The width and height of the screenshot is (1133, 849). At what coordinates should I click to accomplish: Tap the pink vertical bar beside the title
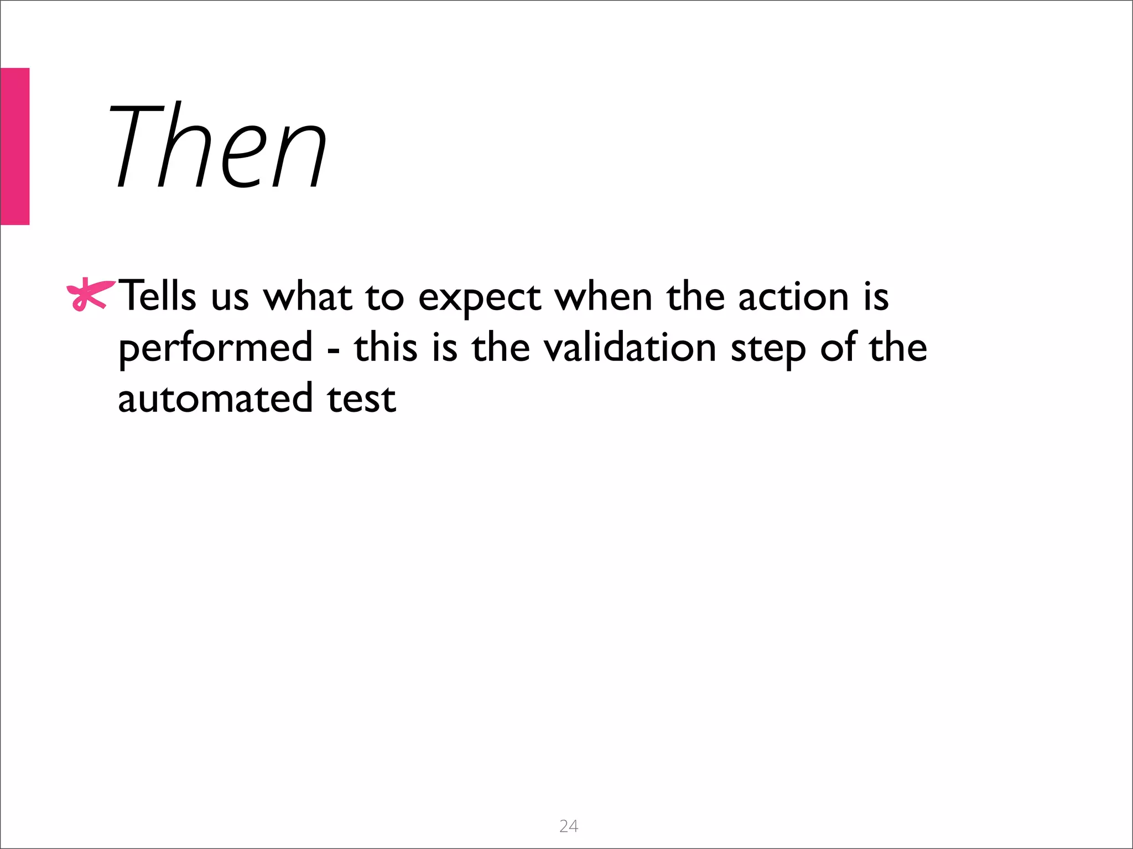pyautogui.click(x=14, y=146)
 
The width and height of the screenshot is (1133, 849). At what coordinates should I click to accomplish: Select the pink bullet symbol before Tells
pyautogui.click(x=89, y=296)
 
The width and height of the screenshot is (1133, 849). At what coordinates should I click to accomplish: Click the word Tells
pyautogui.click(x=158, y=297)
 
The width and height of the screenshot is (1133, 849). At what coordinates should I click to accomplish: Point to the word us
pyautogui.click(x=230, y=298)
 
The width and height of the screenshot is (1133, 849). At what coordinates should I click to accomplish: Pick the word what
pyautogui.click(x=308, y=297)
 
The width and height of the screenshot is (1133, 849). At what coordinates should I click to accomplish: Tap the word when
pyautogui.click(x=604, y=297)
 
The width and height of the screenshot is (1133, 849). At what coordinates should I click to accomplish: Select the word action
pyautogui.click(x=793, y=297)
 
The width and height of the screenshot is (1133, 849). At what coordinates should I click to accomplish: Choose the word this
pyautogui.click(x=386, y=348)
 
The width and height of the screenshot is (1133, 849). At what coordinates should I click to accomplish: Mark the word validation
pyautogui.click(x=630, y=348)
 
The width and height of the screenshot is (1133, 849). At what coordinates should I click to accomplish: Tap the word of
pyautogui.click(x=838, y=348)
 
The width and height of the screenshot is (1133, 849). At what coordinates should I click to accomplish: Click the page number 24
pyautogui.click(x=569, y=826)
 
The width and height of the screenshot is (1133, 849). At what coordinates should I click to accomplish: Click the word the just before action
pyautogui.click(x=695, y=297)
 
